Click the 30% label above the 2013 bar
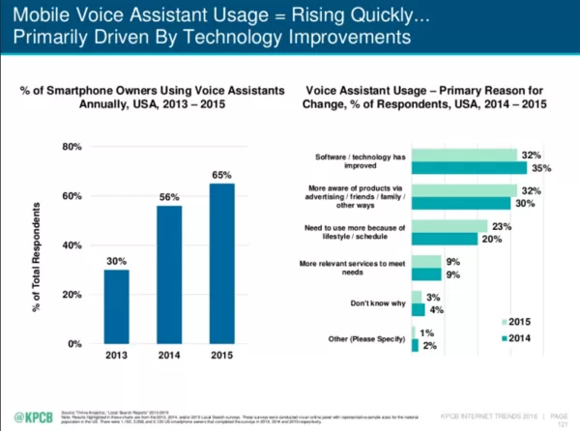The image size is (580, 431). [x=117, y=261]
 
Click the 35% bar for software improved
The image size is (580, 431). [x=468, y=168]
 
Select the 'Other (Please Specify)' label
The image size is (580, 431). [x=362, y=338]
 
